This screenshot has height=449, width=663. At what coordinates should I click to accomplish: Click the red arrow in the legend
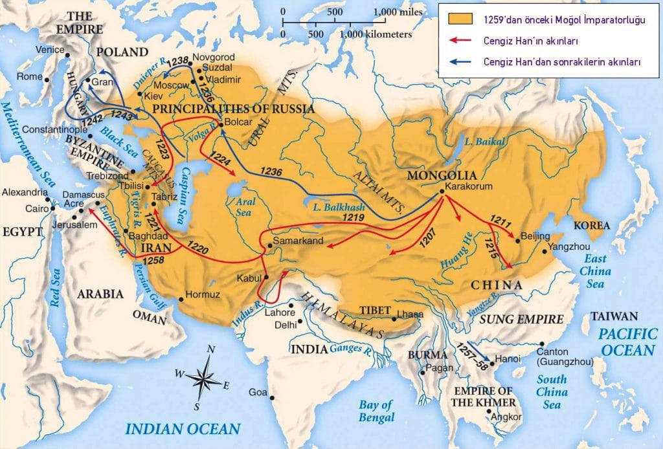pos(461,41)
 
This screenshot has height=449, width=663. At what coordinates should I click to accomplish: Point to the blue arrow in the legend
pos(461,62)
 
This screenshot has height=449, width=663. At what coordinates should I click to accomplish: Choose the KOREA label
pos(591,226)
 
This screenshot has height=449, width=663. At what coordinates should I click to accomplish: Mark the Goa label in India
pos(257,393)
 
